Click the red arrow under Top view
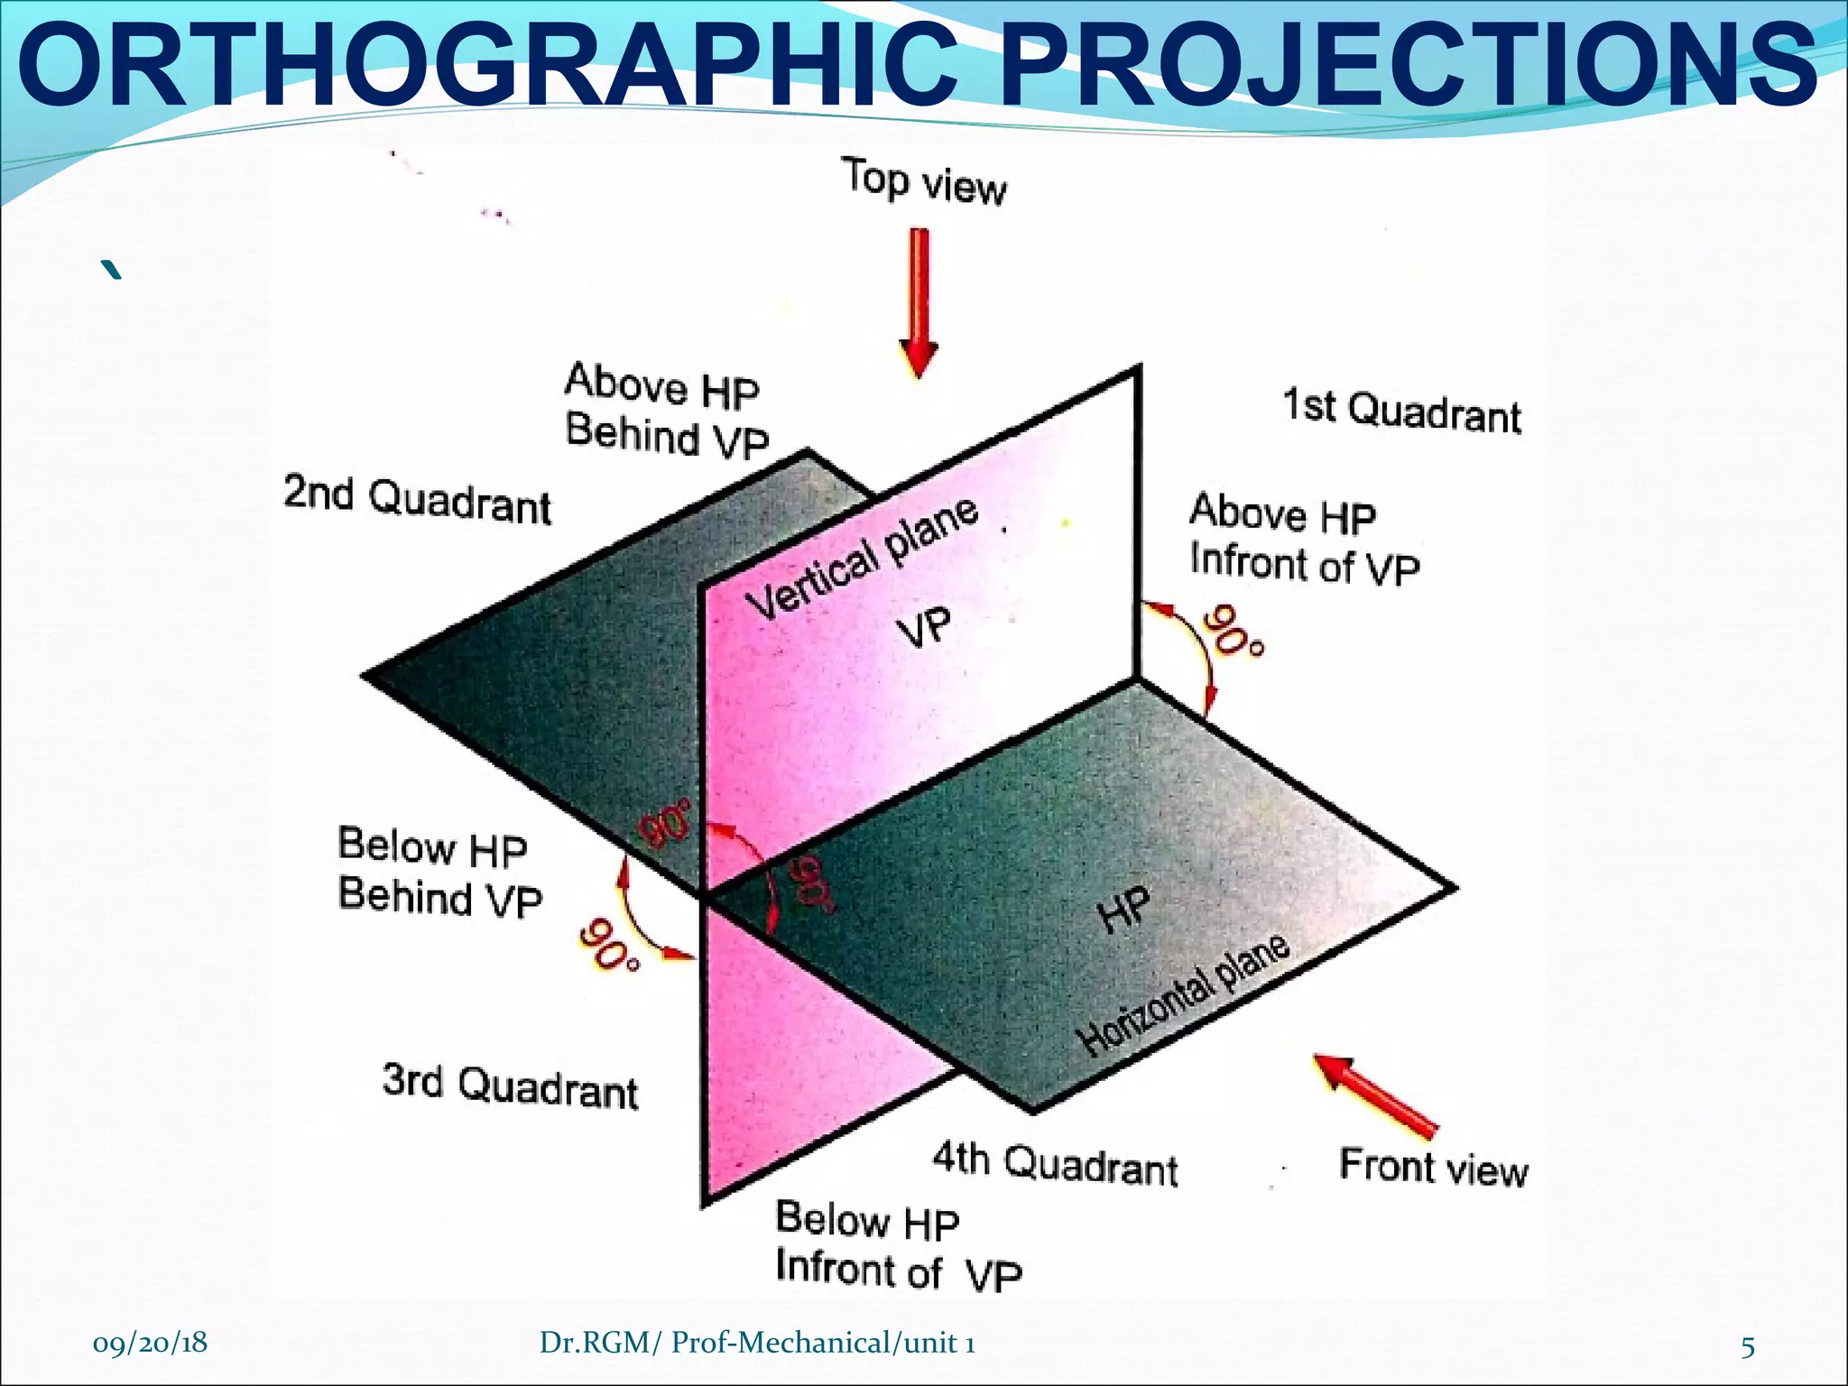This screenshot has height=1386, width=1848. (x=919, y=303)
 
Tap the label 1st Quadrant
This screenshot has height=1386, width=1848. (x=1401, y=411)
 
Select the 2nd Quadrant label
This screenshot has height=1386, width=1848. (x=417, y=501)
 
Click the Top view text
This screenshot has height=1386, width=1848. (x=924, y=181)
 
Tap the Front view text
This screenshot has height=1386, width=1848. (x=1433, y=1167)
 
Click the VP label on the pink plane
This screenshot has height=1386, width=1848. (x=925, y=627)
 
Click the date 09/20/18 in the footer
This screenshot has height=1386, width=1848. (x=150, y=1343)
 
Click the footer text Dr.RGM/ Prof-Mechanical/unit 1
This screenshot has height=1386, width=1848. (x=757, y=1344)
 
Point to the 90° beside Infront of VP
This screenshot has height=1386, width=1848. (x=1234, y=633)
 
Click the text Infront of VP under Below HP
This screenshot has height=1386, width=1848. (x=899, y=1271)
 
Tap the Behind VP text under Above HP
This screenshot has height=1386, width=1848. (x=668, y=436)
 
